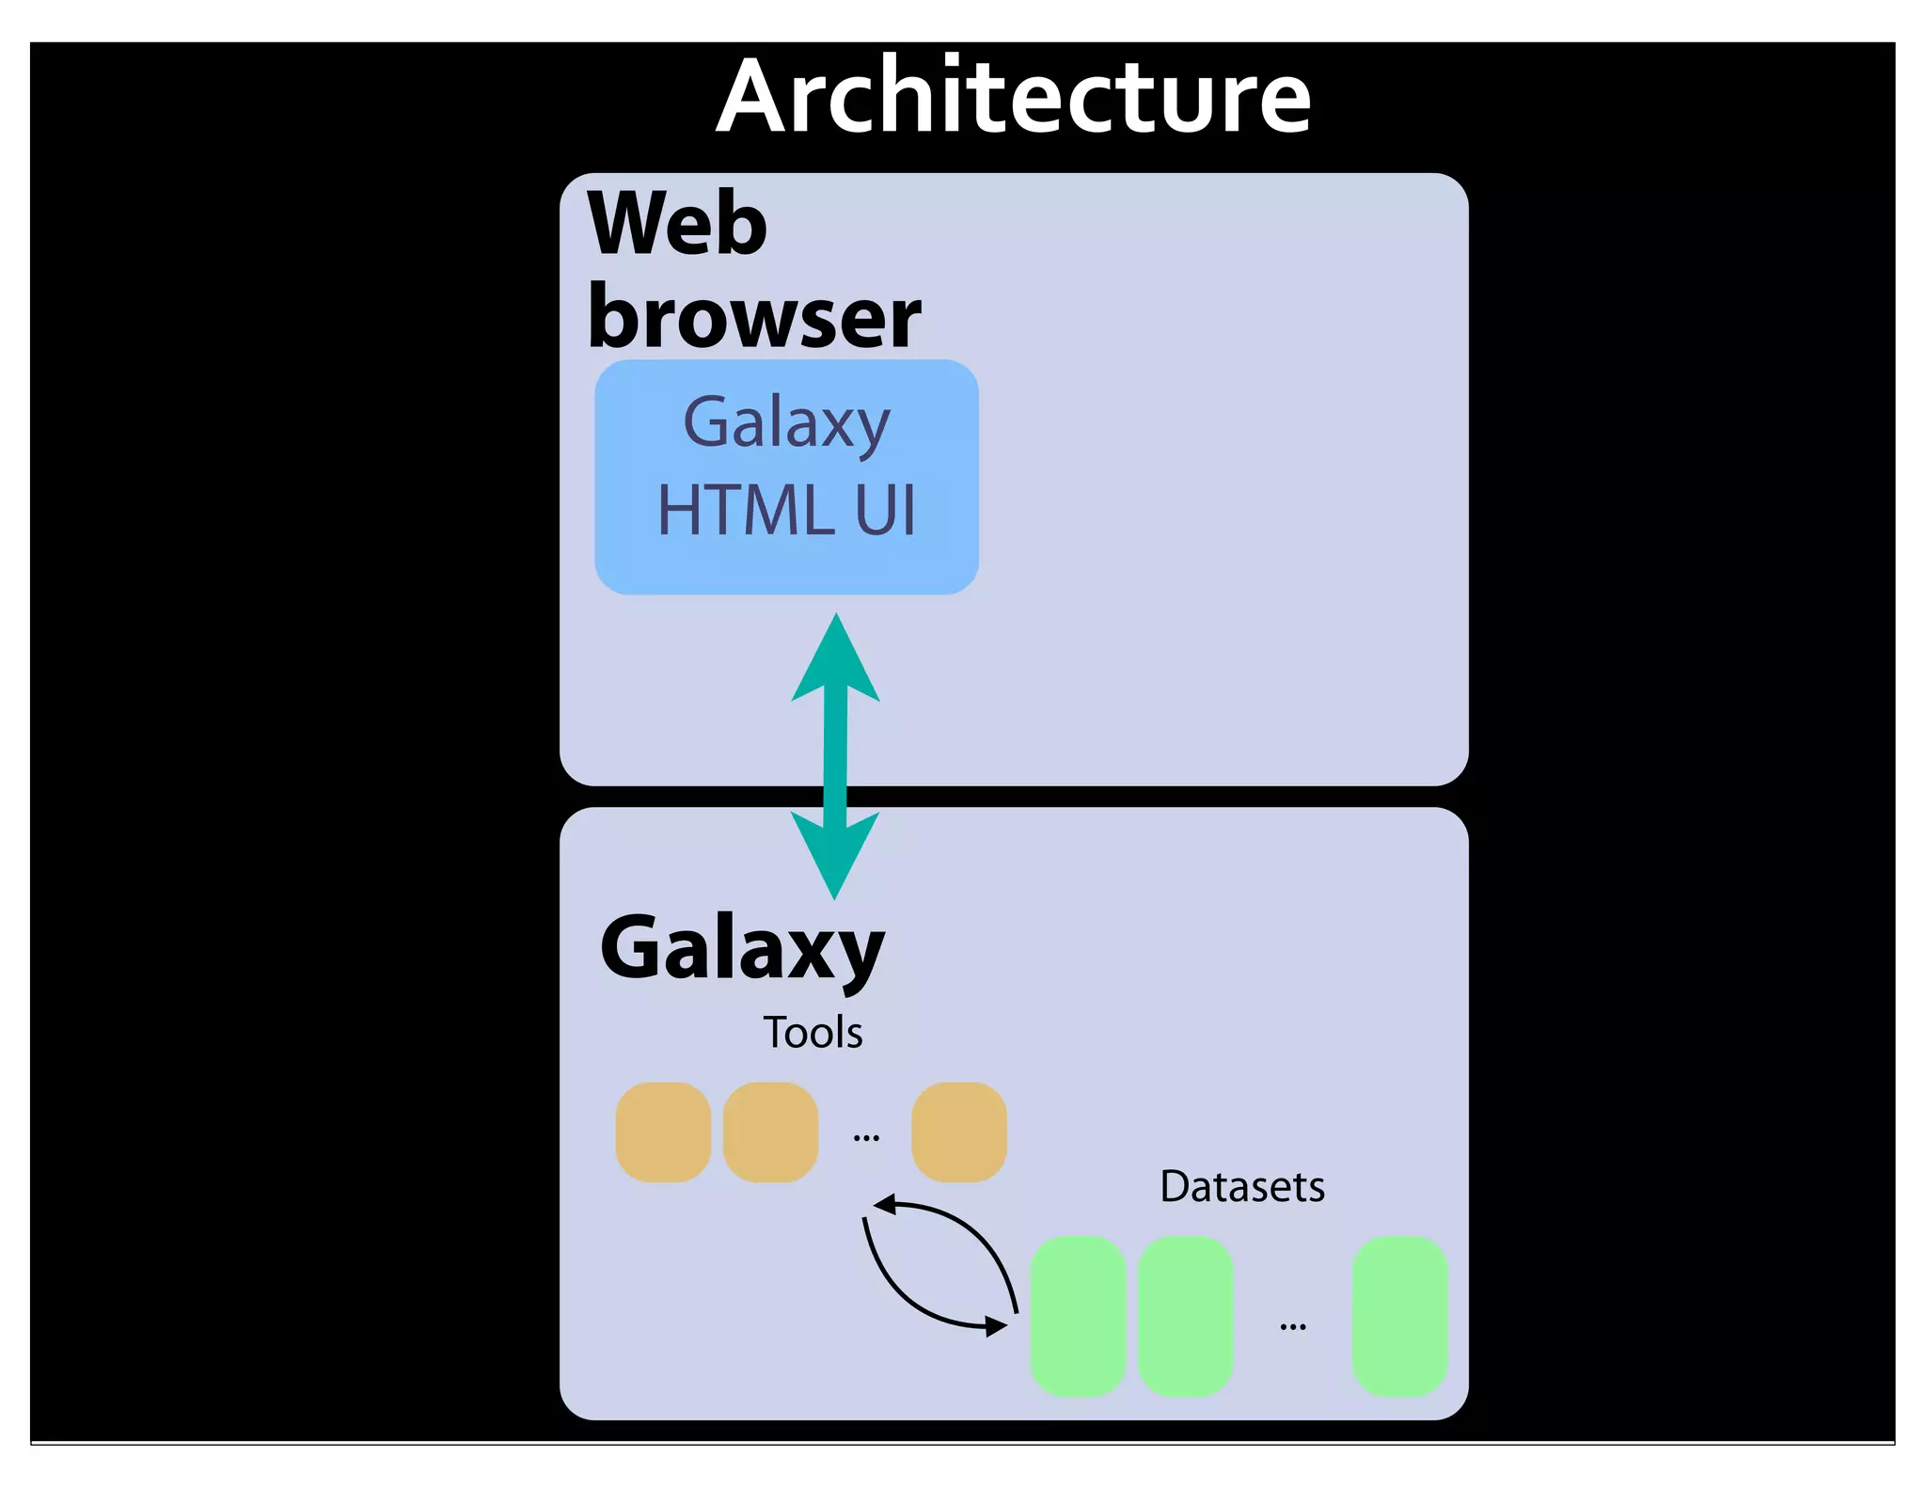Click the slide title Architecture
click(x=1013, y=96)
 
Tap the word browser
click(x=754, y=318)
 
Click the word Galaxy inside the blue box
click(x=786, y=423)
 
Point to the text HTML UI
click(x=786, y=511)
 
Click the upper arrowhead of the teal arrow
click(x=835, y=658)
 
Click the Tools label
click(x=813, y=1033)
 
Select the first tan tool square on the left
click(x=663, y=1132)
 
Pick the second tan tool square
click(x=770, y=1132)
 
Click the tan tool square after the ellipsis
click(x=958, y=1132)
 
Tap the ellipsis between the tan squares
click(x=866, y=1138)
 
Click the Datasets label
click(x=1241, y=1187)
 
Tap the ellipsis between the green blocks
click(x=1293, y=1326)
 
